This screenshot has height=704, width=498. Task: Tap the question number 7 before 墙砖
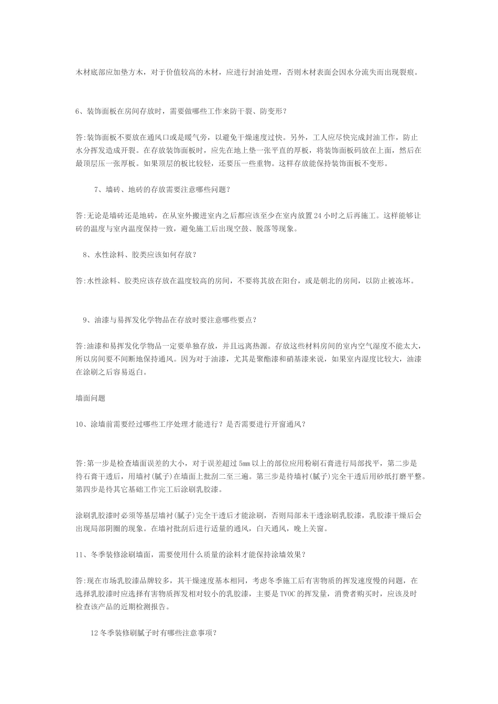96,189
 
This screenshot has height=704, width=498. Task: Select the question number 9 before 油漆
85,319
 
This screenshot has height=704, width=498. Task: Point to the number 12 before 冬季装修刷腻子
95,632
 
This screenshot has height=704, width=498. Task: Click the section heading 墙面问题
91,398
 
